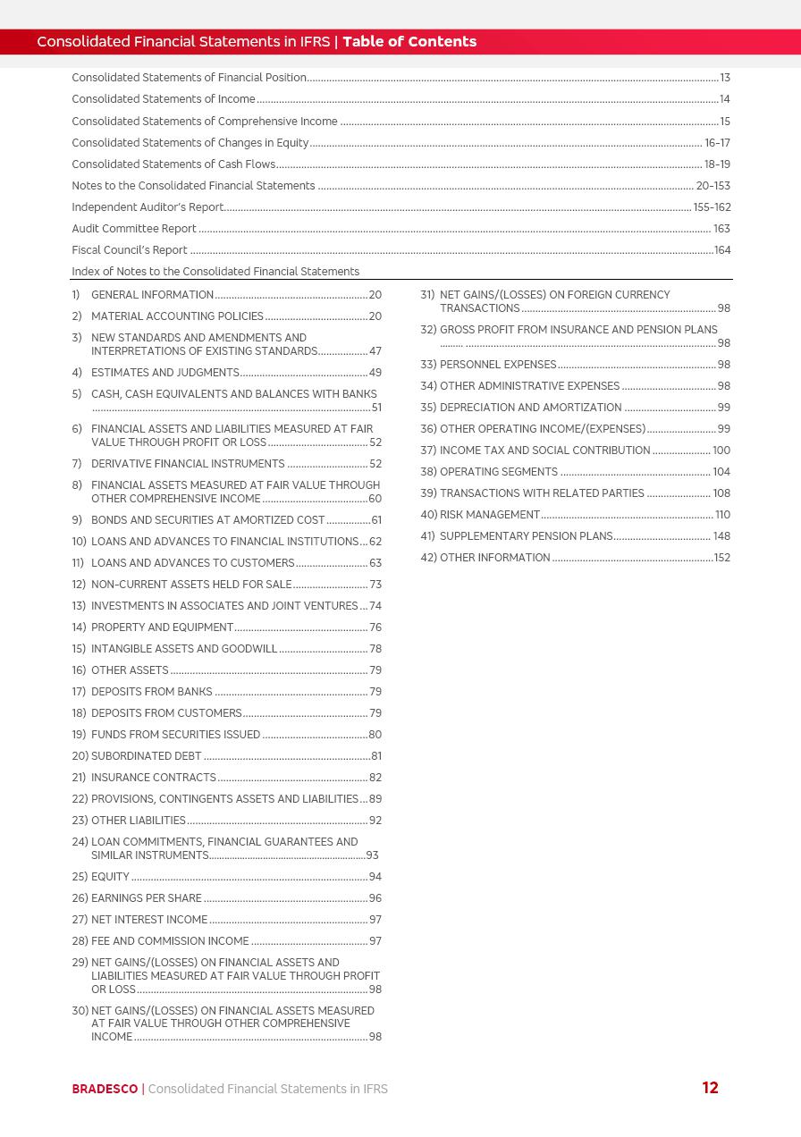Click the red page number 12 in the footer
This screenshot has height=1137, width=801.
(710, 1088)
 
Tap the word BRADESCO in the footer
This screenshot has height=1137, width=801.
(105, 1089)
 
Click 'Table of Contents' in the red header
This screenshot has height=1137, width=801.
(409, 41)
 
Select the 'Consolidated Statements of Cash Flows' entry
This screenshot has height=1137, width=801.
(173, 164)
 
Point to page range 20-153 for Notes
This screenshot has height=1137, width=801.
(712, 186)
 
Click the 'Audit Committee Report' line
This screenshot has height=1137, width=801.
(134, 229)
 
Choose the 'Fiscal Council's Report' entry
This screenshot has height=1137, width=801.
(130, 250)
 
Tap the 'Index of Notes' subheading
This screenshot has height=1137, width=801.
(215, 272)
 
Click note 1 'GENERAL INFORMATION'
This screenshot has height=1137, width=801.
(152, 295)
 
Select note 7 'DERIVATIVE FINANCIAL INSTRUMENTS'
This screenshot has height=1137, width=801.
(188, 464)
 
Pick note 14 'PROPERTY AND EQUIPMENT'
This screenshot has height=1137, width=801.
(162, 627)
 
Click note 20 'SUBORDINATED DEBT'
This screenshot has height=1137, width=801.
(146, 756)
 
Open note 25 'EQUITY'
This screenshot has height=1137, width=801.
(110, 877)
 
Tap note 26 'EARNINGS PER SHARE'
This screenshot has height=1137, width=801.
(146, 898)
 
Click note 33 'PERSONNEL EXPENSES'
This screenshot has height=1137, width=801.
(497, 365)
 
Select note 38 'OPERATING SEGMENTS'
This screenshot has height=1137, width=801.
(498, 472)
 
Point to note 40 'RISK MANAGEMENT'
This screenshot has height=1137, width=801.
(489, 515)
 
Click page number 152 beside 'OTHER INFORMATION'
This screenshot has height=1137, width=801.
(721, 558)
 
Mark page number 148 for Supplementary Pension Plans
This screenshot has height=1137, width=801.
(721, 536)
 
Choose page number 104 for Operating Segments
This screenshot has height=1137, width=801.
(721, 472)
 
